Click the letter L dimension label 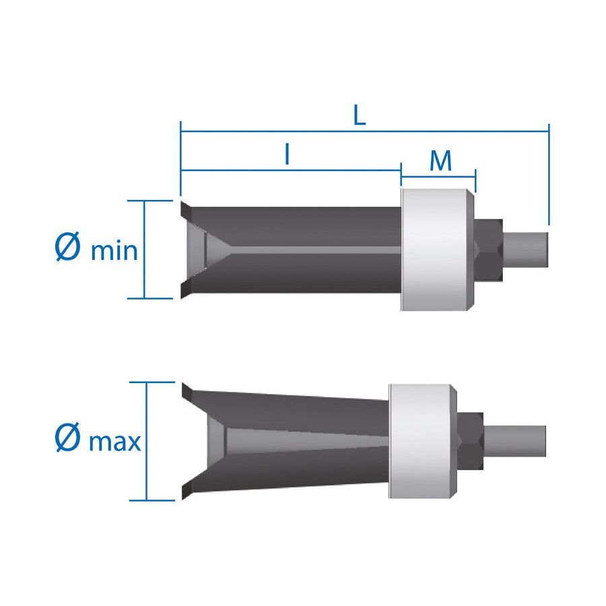(360, 115)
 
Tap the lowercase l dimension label (287, 154)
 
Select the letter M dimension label (440, 161)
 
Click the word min (114, 250)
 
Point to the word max (114, 442)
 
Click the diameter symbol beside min (67, 246)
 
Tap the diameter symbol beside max (67, 437)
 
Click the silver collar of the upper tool (438, 250)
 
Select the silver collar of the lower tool (423, 441)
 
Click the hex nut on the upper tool (489, 250)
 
